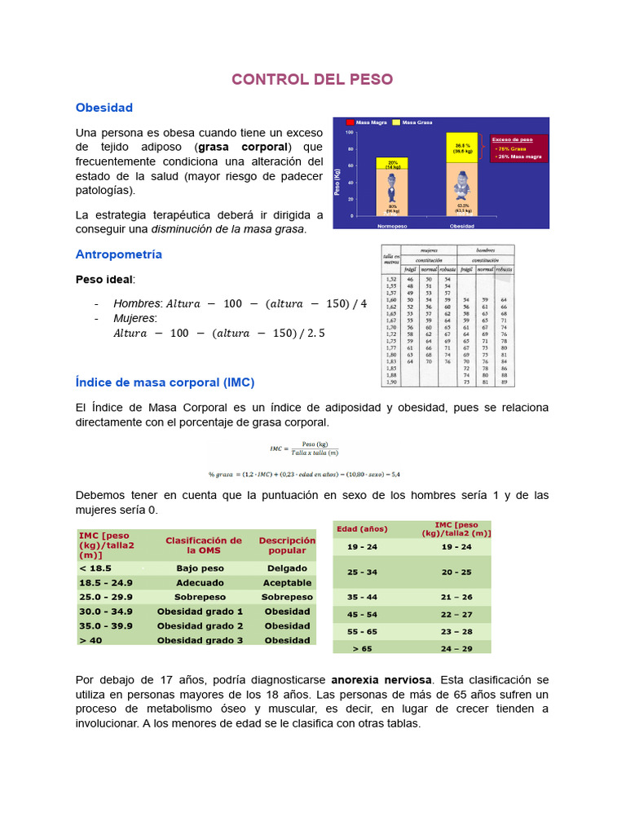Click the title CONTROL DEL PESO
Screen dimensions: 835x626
tap(312, 79)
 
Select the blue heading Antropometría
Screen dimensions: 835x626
tap(118, 254)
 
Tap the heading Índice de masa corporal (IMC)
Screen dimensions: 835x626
tap(165, 382)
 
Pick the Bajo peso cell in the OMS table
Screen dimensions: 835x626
tap(200, 568)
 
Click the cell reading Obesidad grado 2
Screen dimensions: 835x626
tap(200, 625)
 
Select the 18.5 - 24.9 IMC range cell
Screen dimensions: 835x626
tap(106, 582)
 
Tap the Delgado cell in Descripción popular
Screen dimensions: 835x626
tap(287, 568)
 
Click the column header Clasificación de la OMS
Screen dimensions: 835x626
tap(203, 545)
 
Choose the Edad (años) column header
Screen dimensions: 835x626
tap(362, 529)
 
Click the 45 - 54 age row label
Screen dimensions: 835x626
tap(362, 614)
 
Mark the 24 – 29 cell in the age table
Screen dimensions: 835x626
tap(456, 648)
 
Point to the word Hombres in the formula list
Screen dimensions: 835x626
tap(136, 303)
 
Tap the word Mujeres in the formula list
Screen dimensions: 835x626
tap(134, 318)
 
